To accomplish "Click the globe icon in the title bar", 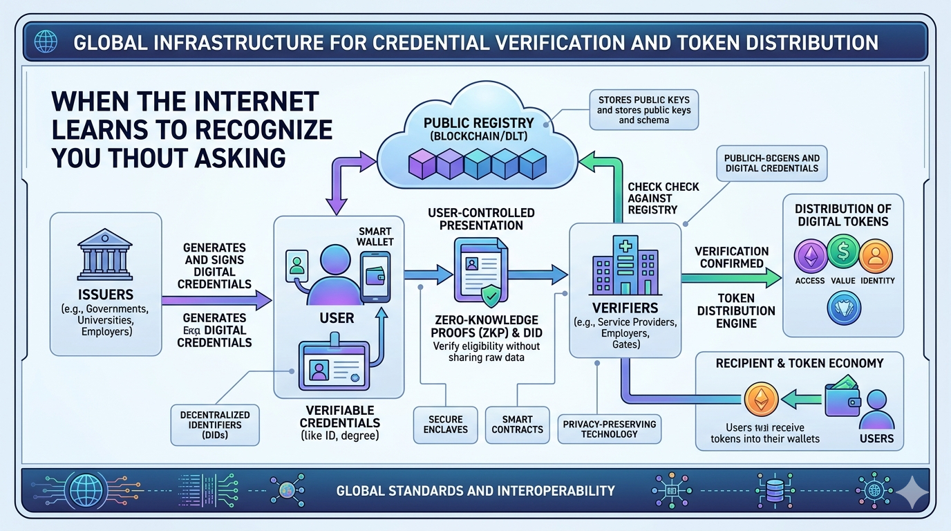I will point(48,42).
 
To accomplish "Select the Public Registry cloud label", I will point(479,129).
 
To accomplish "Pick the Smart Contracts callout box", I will point(517,424).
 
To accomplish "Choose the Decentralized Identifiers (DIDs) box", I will point(214,424).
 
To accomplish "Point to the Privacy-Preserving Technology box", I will point(609,429).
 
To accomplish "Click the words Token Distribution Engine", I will point(736,310).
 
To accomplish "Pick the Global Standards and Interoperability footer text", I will point(475,491).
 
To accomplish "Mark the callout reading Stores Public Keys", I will point(644,110).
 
